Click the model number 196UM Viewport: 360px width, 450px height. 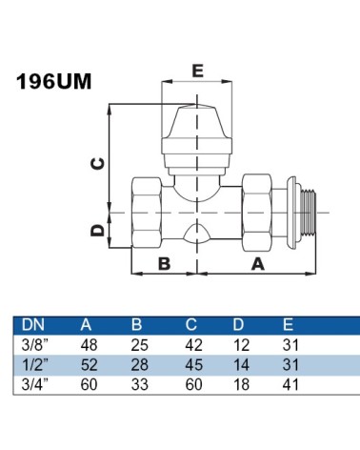click(x=53, y=81)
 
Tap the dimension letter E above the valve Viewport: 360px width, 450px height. click(x=197, y=71)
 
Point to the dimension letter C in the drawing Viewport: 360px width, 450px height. click(x=97, y=164)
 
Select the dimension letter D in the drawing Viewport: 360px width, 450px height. click(x=97, y=231)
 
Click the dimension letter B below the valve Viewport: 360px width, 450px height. click(x=164, y=263)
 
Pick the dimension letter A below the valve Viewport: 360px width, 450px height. click(x=258, y=264)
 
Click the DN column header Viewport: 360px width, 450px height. click(x=33, y=325)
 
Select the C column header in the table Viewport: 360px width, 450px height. click(x=191, y=325)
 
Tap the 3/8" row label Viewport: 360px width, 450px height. click(x=34, y=345)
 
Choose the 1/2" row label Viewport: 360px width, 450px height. click(x=34, y=364)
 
